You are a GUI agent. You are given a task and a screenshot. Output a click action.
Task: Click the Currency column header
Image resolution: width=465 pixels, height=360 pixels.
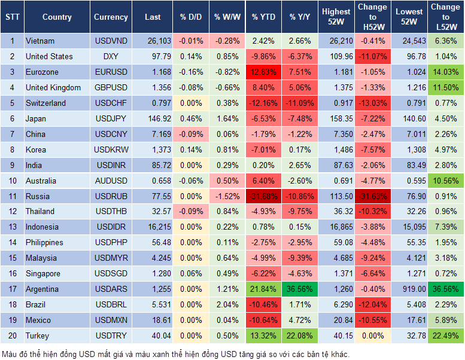111,17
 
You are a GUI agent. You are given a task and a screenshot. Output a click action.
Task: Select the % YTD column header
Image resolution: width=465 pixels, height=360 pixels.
263,17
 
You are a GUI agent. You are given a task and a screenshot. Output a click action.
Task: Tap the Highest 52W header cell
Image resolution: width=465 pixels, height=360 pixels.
336,17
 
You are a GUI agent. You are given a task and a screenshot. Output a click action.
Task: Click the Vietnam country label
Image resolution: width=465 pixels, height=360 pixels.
40,41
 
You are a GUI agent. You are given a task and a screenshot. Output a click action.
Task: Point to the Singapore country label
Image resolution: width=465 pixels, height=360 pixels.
42,274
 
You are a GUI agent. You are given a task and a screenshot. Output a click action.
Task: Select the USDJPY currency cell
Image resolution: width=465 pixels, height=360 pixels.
111,118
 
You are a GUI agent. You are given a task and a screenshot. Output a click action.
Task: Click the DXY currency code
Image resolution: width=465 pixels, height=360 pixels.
111,57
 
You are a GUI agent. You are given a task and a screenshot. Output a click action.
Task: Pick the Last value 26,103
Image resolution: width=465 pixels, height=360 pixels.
153,41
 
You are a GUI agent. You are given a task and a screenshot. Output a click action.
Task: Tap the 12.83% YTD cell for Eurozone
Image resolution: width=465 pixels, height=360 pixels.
263,72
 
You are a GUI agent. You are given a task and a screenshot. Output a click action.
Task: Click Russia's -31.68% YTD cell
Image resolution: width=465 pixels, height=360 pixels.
263,196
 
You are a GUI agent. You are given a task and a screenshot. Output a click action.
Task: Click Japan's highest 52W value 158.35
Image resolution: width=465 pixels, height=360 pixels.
336,118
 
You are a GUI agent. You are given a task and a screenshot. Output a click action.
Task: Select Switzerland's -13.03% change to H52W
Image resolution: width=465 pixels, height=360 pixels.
372,103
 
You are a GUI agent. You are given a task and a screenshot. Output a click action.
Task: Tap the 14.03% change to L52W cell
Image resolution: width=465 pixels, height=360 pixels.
445,72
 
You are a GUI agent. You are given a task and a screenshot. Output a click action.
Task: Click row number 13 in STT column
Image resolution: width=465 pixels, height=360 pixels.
12,227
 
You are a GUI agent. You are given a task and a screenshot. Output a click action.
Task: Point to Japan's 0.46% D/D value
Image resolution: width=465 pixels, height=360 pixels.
191,118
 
